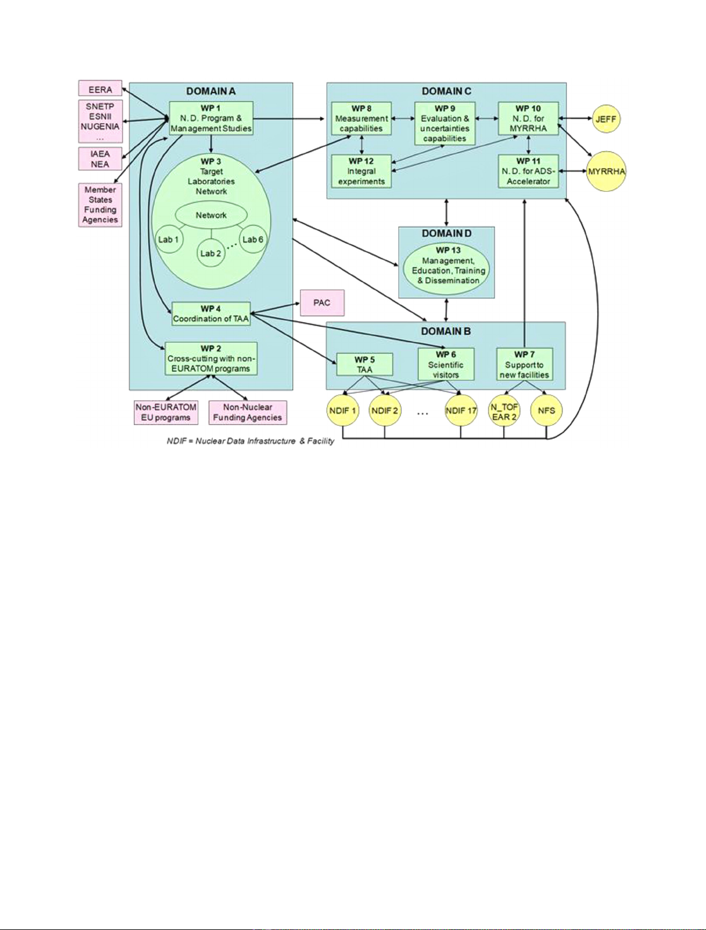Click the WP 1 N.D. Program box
click(x=211, y=118)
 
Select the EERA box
click(x=100, y=89)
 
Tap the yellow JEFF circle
click(x=606, y=119)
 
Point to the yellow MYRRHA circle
click(x=606, y=172)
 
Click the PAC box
click(x=322, y=303)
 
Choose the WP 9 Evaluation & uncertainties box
click(x=445, y=123)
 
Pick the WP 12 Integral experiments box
click(x=361, y=171)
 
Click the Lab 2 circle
click(x=211, y=253)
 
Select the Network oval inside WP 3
click(x=211, y=215)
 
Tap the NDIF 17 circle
click(x=461, y=410)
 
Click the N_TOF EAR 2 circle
click(x=504, y=411)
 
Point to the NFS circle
click(x=546, y=410)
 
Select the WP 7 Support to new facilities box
click(x=524, y=364)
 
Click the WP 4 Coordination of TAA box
click(x=211, y=314)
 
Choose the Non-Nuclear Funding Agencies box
click(x=248, y=412)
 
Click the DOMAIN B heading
click(x=446, y=332)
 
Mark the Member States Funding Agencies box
click(x=100, y=205)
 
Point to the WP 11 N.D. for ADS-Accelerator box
click(x=528, y=171)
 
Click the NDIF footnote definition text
click(x=251, y=441)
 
